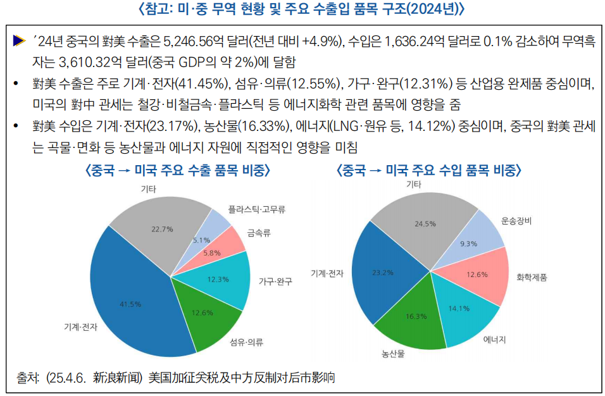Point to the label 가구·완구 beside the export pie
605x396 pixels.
275,281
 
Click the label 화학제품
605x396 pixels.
532,277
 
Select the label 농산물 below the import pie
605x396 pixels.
393,354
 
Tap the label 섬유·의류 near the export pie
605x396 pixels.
247,342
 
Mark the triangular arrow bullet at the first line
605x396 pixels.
20,41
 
